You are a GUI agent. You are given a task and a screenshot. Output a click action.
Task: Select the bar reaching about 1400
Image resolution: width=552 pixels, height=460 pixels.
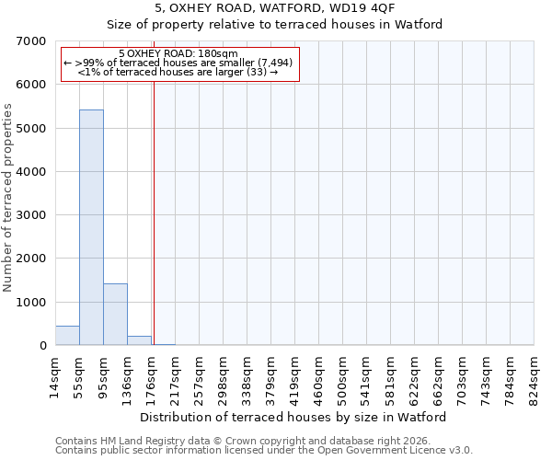tap(115, 315)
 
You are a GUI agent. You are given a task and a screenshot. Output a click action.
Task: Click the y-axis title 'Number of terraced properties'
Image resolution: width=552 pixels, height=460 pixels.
tap(9, 197)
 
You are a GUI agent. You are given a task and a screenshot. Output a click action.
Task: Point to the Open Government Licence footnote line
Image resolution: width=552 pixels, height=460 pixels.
tap(263, 451)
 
